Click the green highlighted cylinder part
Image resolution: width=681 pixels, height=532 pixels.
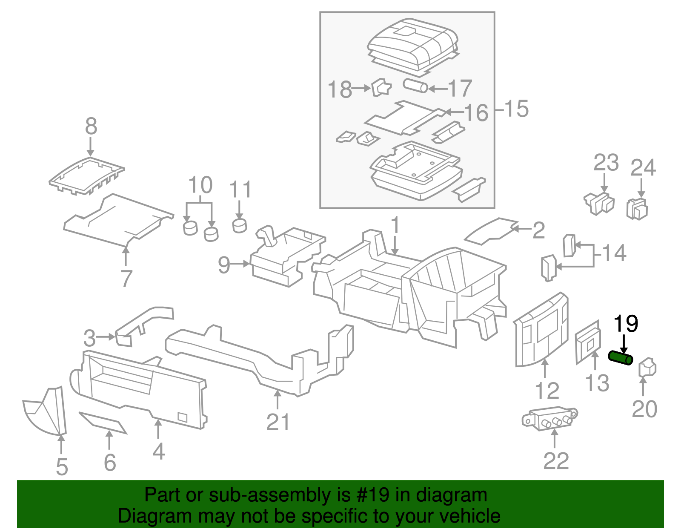point(621,358)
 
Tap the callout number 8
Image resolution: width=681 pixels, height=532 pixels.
point(91,127)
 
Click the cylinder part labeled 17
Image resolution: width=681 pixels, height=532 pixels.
point(415,86)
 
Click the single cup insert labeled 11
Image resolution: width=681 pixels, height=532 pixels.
point(240,225)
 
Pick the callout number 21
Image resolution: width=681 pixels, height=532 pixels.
point(278,422)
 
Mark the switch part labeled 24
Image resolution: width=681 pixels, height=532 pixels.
point(637,209)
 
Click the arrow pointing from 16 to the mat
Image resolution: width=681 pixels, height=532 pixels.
point(454,112)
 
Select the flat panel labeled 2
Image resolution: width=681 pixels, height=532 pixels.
point(489,232)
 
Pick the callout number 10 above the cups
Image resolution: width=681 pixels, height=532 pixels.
point(200,185)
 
